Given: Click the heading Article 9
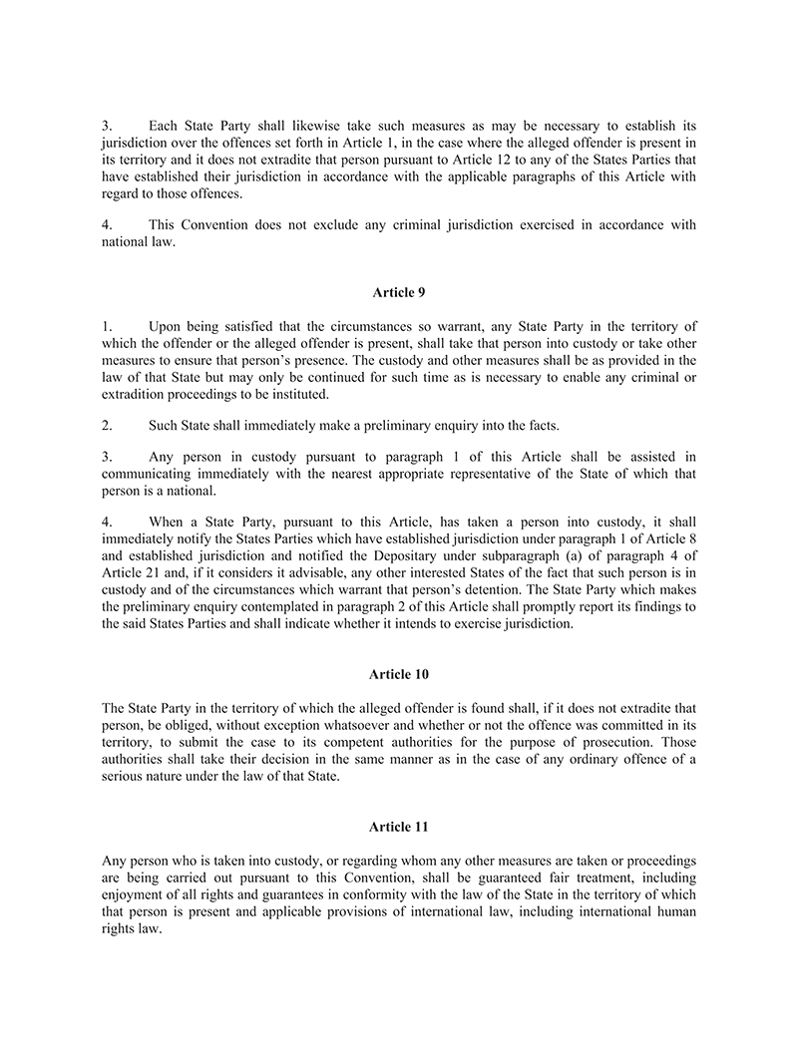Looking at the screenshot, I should pyautogui.click(x=398, y=292).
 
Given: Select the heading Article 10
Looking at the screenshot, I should pyautogui.click(x=398, y=674).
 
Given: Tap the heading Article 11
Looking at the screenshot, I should pyautogui.click(x=398, y=827).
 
